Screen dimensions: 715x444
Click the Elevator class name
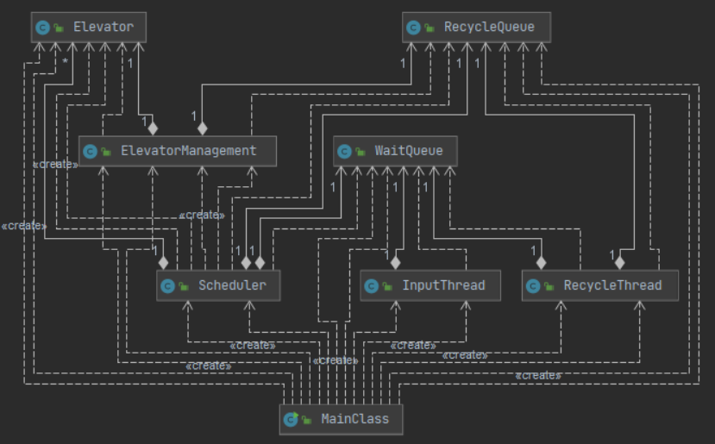tap(103, 27)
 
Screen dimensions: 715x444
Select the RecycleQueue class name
tap(489, 27)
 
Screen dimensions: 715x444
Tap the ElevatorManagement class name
tap(189, 151)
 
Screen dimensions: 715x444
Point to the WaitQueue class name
tap(409, 151)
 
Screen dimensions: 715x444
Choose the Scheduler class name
tap(232, 285)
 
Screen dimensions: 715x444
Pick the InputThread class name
tap(443, 285)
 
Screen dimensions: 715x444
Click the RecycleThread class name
tap(612, 285)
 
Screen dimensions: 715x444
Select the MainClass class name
tap(354, 419)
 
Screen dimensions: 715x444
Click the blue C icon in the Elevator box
tap(42, 28)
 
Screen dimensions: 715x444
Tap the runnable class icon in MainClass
tap(291, 419)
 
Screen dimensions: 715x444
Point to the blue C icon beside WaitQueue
tap(344, 152)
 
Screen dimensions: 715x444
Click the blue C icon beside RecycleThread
tap(533, 286)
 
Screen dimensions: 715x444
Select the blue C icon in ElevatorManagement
tap(90, 152)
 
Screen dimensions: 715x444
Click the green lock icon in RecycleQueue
tap(430, 28)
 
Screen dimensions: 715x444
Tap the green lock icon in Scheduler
tap(184, 286)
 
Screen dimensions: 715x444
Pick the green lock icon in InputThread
tap(387, 286)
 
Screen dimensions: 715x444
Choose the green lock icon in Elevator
tap(59, 28)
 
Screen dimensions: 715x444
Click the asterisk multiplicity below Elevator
tap(66, 61)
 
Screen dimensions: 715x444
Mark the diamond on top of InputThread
tap(395, 263)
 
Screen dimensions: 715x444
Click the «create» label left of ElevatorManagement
tap(55, 165)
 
